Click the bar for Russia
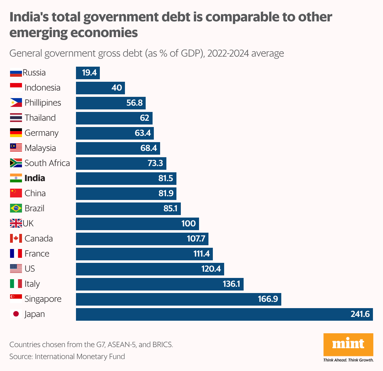tap(88, 73)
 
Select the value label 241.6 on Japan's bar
tap(360, 314)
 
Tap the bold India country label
tap(35, 178)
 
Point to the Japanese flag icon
tap(16, 314)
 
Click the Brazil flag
tap(16, 208)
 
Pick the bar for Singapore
tap(178, 299)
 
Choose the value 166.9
tap(268, 299)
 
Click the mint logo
tap(348, 344)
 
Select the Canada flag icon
tap(16, 239)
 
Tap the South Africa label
tap(47, 163)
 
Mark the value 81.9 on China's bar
tap(166, 193)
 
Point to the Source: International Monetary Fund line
tap(67, 357)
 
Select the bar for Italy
tap(159, 284)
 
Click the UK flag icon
tap(16, 224)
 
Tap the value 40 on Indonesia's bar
tap(116, 88)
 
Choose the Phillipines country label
tap(43, 103)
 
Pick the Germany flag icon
tap(16, 133)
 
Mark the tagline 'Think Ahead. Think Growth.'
tap(348, 360)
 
